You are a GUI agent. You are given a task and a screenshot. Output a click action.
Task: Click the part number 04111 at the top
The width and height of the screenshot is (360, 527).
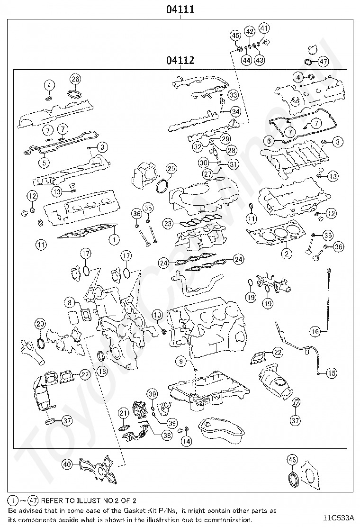tap(180, 9)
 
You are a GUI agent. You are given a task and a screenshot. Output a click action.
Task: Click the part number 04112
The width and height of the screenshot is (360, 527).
tap(180, 60)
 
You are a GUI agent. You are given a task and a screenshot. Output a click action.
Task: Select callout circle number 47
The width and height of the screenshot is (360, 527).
tap(323, 62)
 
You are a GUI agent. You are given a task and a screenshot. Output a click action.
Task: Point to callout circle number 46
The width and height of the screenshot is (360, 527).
tap(292, 459)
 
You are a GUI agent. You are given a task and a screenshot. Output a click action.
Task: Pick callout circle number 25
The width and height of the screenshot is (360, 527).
tap(171, 169)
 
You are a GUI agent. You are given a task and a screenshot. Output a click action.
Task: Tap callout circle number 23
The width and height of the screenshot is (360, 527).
tap(168, 223)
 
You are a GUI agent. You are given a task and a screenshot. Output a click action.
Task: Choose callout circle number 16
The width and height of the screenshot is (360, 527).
tap(315, 331)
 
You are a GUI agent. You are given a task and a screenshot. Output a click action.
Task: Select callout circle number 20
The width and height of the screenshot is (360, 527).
tap(40, 324)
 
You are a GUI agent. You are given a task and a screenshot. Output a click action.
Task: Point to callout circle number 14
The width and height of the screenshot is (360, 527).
tap(187, 440)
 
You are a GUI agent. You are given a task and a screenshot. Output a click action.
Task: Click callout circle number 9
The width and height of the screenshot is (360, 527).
tap(180, 362)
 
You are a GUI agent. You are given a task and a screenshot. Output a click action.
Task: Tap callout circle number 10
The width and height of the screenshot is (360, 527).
tap(157, 315)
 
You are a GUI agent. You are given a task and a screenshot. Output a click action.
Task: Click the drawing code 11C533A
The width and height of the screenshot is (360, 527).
tap(340, 518)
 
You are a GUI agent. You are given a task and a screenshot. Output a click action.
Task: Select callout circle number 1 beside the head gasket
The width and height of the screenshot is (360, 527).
tap(114, 239)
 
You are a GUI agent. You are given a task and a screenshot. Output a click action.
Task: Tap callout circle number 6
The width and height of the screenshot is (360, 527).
tap(269, 141)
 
